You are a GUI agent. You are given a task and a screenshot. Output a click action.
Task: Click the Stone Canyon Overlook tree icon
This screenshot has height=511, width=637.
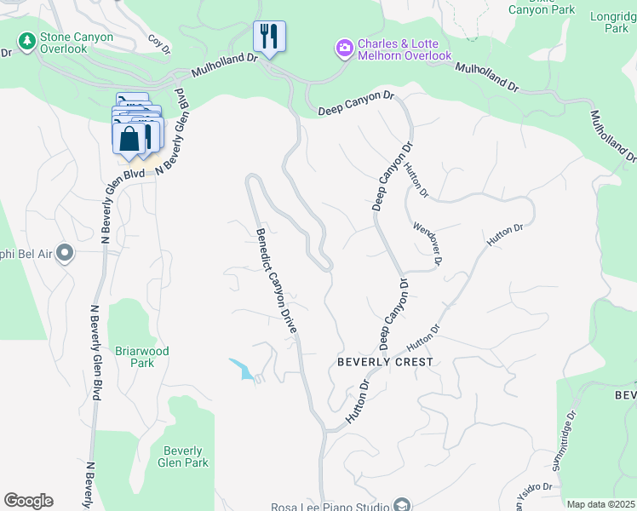point(27,40)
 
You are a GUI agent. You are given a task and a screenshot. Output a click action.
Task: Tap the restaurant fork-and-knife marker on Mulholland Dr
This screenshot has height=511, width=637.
point(269,36)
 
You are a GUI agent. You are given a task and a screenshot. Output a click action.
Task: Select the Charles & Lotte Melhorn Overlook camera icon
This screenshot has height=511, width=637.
point(344,48)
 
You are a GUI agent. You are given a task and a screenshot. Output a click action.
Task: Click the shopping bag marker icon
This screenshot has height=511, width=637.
point(129,138)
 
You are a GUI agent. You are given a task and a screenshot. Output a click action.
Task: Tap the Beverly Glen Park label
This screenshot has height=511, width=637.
point(183,457)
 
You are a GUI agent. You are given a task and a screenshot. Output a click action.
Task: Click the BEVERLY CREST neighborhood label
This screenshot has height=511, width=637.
point(385,362)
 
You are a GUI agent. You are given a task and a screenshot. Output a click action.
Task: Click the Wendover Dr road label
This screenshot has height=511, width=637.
point(428,244)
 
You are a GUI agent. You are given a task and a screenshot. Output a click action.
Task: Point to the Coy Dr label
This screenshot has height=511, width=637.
point(158,43)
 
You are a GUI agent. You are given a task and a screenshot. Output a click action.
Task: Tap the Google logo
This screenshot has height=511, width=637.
point(28,501)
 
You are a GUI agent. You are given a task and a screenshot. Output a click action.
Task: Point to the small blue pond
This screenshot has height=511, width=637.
point(241,369)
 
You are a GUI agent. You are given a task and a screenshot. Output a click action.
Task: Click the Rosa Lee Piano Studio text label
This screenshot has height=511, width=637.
point(330,507)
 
